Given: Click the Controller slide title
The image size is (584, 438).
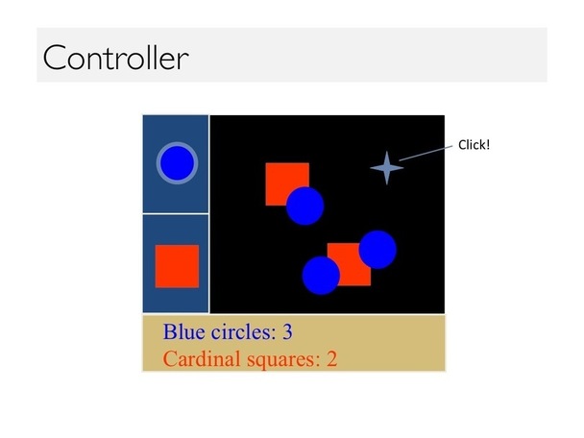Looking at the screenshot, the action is coord(116,58).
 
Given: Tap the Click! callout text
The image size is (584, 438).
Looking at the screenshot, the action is coord(474,145).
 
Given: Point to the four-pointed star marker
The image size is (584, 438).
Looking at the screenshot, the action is coord(386,168).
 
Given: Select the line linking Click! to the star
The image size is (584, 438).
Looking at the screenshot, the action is coord(426,154).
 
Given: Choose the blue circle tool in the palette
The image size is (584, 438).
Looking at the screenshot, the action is coord(177,162).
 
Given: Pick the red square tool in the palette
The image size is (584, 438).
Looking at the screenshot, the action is coord(177,266).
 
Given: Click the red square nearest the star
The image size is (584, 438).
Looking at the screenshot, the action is coord(287,184).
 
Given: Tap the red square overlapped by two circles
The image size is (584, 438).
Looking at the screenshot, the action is coord(349,264).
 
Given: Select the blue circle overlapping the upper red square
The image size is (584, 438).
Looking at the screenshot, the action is coord(305,206).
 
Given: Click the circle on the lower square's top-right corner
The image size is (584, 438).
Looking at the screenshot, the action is coord(377,250).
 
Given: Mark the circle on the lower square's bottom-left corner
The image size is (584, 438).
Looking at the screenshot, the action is coord(321,276).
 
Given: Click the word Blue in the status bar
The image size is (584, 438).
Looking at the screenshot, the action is coord(184,331).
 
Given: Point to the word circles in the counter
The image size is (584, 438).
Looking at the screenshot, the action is coord(244,331).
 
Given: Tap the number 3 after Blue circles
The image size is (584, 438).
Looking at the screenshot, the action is coord(287,331).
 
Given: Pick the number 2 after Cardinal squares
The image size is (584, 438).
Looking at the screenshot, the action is coord(331,359).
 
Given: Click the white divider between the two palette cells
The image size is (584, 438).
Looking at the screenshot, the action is coord(176,214).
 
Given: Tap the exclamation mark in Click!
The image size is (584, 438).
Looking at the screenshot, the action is coord(488,145).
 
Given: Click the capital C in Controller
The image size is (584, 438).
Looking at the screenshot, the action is coord(55,58).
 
